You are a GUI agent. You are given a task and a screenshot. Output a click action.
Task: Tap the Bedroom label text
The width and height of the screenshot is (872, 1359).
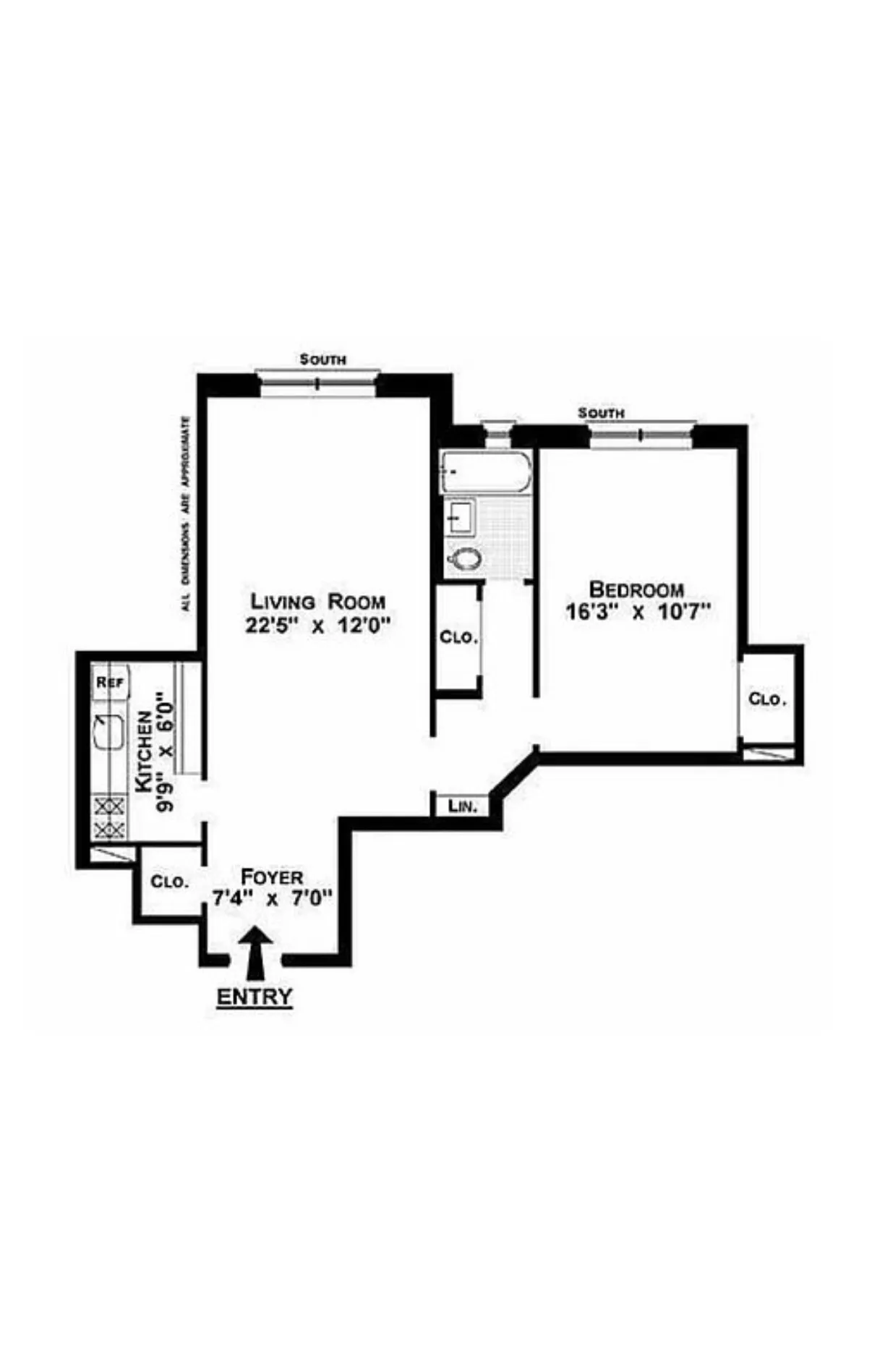tap(636, 589)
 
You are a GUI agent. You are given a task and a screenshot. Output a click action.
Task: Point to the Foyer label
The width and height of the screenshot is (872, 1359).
tap(271, 877)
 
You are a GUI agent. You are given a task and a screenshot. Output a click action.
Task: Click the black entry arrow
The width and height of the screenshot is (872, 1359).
tap(256, 953)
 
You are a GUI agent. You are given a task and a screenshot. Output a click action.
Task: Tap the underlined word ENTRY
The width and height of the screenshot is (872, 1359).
tap(255, 997)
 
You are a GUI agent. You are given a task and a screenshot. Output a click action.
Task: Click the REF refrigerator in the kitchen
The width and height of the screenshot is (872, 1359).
tap(110, 682)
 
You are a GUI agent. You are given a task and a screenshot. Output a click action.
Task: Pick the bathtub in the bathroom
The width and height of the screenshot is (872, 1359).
tap(486, 472)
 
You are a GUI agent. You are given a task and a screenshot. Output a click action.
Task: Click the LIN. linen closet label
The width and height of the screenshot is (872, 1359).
tap(463, 806)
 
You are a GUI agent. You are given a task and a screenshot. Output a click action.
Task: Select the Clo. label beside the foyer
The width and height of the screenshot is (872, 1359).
tap(169, 882)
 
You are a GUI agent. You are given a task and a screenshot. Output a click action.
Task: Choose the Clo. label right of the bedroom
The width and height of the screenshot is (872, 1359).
tap(767, 699)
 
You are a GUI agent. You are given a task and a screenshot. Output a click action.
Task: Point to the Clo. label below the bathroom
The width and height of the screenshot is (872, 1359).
tap(458, 638)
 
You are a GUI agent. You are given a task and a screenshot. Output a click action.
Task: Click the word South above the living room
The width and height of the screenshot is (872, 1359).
tap(323, 359)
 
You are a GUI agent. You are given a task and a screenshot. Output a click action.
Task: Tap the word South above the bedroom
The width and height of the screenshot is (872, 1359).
tap(601, 413)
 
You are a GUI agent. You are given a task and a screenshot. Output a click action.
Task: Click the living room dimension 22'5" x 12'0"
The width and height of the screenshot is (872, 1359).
tap(317, 626)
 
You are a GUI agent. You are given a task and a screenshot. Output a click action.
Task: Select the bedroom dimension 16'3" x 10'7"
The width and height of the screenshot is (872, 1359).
tap(638, 613)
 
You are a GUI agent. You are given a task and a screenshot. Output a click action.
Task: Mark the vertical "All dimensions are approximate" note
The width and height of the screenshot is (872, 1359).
tap(186, 514)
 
